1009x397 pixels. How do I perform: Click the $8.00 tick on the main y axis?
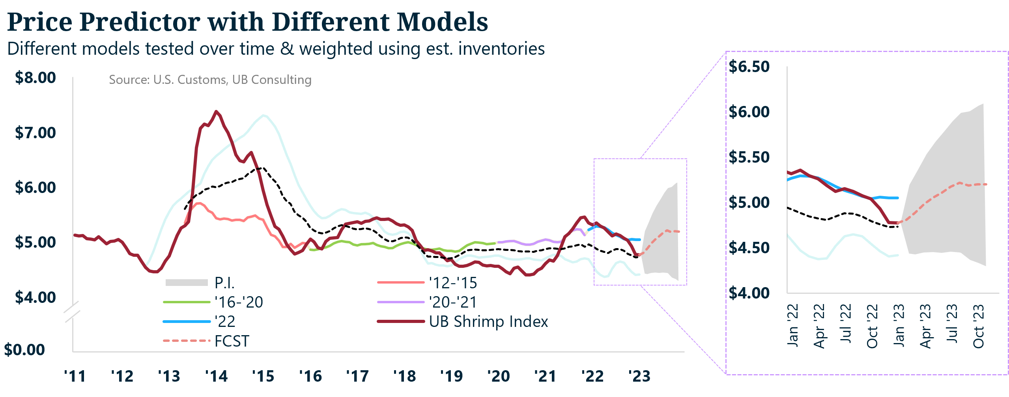pyautogui.click(x=36, y=78)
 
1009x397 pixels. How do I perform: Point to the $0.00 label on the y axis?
pyautogui.click(x=24, y=350)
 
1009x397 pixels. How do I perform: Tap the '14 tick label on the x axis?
pyautogui.click(x=216, y=377)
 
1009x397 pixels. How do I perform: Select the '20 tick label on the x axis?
pyautogui.click(x=498, y=377)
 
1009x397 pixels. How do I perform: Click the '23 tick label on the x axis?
pyautogui.click(x=639, y=377)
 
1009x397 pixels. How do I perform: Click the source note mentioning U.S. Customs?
pyautogui.click(x=210, y=80)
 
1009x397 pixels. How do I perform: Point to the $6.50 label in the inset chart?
pyautogui.click(x=749, y=67)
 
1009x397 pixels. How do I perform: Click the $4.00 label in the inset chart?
pyautogui.click(x=749, y=293)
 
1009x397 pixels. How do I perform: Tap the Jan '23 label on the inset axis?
pyautogui.click(x=899, y=325)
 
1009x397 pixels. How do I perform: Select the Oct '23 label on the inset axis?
pyautogui.click(x=978, y=326)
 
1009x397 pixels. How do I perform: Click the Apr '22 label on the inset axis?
pyautogui.click(x=819, y=326)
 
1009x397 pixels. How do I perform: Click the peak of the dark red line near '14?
pyautogui.click(x=216, y=111)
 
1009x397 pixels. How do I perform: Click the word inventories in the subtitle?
pyautogui.click(x=501, y=49)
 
